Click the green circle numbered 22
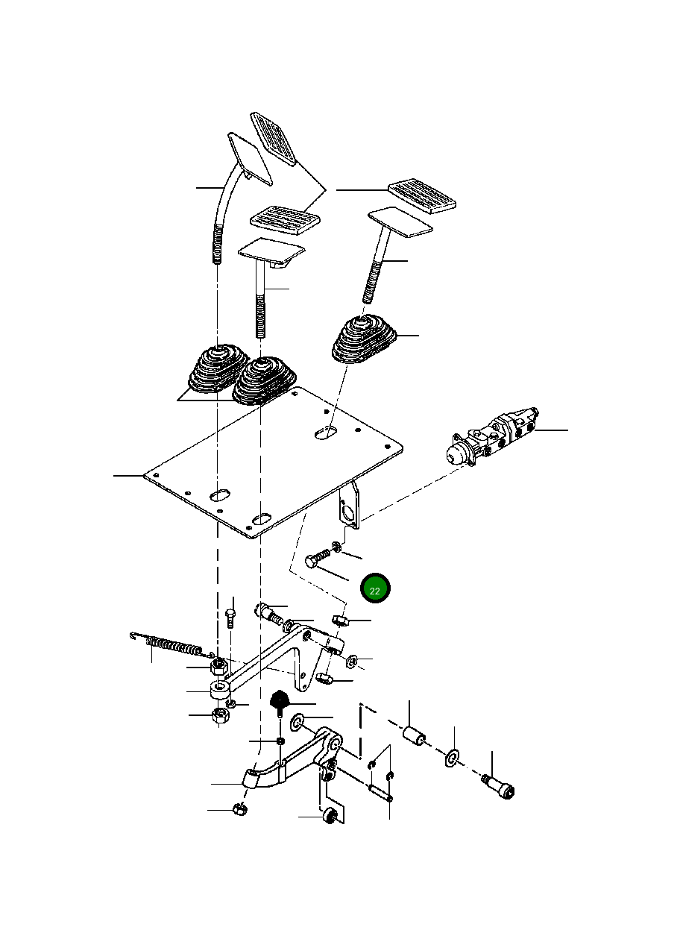coord(374,588)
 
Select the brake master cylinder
coord(492,436)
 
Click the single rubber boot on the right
coord(365,339)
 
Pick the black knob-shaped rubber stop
coord(280,700)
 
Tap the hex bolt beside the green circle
coord(318,559)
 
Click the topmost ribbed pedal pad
coord(273,138)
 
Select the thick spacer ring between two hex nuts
coord(218,691)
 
